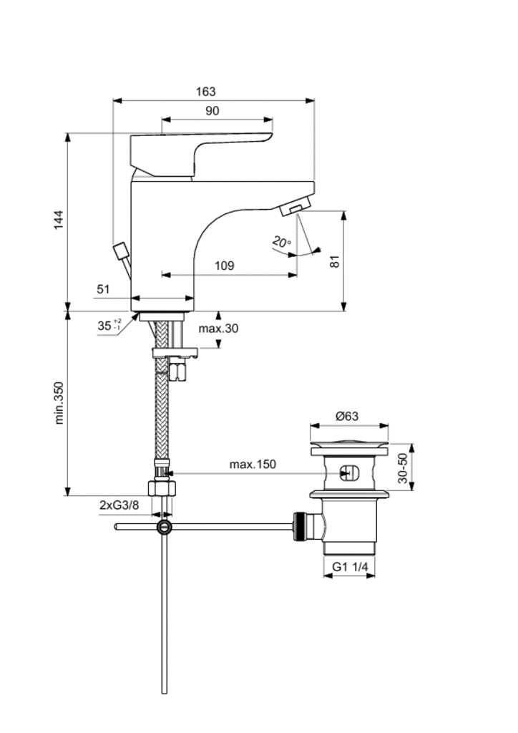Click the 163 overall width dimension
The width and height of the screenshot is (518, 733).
205,92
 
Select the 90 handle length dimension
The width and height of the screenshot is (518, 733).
212,110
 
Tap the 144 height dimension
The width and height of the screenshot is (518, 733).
59,222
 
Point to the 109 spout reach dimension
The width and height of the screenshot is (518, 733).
225,266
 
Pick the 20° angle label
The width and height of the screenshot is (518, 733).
281,243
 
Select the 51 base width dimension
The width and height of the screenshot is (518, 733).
103,288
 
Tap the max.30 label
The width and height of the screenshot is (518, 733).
218,329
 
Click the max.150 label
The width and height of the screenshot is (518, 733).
252,465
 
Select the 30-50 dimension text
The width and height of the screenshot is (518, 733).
403,469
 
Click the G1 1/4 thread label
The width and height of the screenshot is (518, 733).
350,567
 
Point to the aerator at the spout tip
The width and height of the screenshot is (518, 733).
295,209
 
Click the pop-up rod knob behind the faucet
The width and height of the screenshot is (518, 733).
120,252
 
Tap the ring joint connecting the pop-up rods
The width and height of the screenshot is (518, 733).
165,528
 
